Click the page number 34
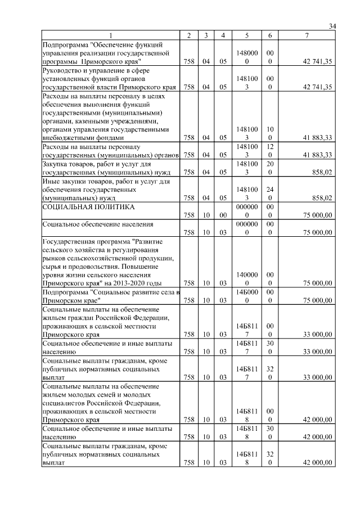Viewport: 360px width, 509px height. [332, 26]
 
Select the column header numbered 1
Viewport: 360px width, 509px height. [110, 36]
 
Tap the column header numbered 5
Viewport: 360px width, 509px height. [247, 36]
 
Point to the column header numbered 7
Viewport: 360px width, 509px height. [307, 36]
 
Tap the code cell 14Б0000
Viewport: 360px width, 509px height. [247, 296]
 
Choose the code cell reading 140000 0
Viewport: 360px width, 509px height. [247, 278]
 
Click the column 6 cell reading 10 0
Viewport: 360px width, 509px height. [270, 133]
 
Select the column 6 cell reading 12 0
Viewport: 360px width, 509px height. [270, 150]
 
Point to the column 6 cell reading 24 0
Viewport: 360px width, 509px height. [270, 193]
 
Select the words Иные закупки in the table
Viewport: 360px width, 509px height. [62, 182]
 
